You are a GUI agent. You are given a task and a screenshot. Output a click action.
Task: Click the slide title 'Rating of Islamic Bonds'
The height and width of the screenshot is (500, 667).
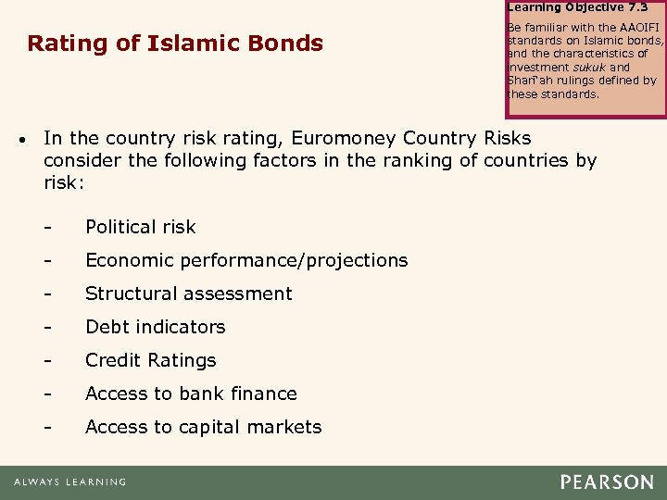pos(175,44)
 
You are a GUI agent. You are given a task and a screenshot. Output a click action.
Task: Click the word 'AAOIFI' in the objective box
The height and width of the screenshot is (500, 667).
pos(631,28)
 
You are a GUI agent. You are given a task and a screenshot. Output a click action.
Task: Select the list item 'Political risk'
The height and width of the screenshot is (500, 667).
pos(141,227)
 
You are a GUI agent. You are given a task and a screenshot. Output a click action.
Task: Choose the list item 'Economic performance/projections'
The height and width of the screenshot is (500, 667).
pos(246,260)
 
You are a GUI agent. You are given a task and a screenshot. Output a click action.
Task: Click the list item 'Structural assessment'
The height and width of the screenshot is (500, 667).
pos(189,294)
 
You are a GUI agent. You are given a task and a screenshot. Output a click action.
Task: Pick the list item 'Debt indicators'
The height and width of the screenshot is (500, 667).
pos(156,327)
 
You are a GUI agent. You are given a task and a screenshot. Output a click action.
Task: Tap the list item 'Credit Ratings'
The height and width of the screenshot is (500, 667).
pos(151,360)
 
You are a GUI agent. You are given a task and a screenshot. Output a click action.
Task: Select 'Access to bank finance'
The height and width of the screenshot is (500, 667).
pos(192,394)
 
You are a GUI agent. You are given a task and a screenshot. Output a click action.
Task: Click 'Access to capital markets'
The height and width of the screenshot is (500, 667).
pos(204,427)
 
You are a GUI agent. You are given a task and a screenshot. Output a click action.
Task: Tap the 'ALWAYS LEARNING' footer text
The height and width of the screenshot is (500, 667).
pos(69,482)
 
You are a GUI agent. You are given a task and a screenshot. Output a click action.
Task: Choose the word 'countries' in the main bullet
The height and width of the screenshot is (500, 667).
pos(512,160)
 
